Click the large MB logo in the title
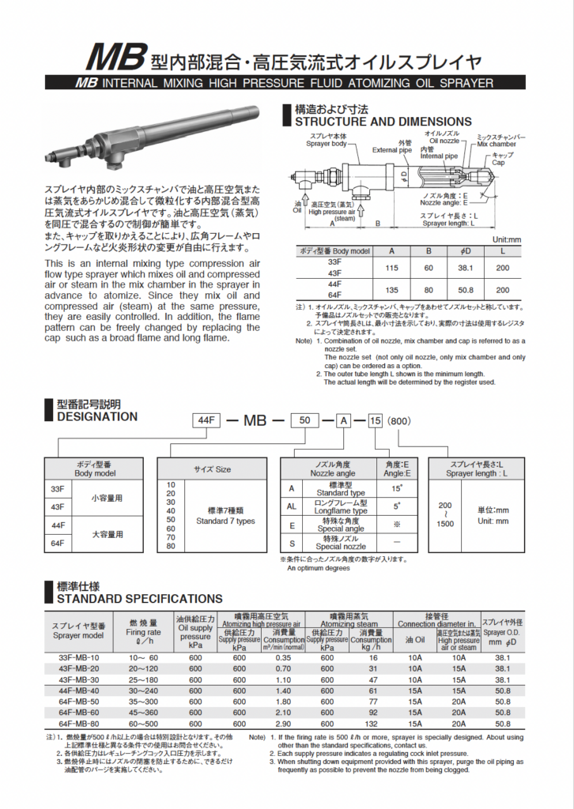117,58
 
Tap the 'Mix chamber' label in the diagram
497,145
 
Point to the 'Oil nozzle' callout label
443,141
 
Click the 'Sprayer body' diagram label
327,145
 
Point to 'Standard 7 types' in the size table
225,521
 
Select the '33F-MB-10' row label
79,657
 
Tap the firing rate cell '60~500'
144,723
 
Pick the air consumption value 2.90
283,723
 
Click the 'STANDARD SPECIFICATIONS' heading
140,599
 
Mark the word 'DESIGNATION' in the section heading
97,416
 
